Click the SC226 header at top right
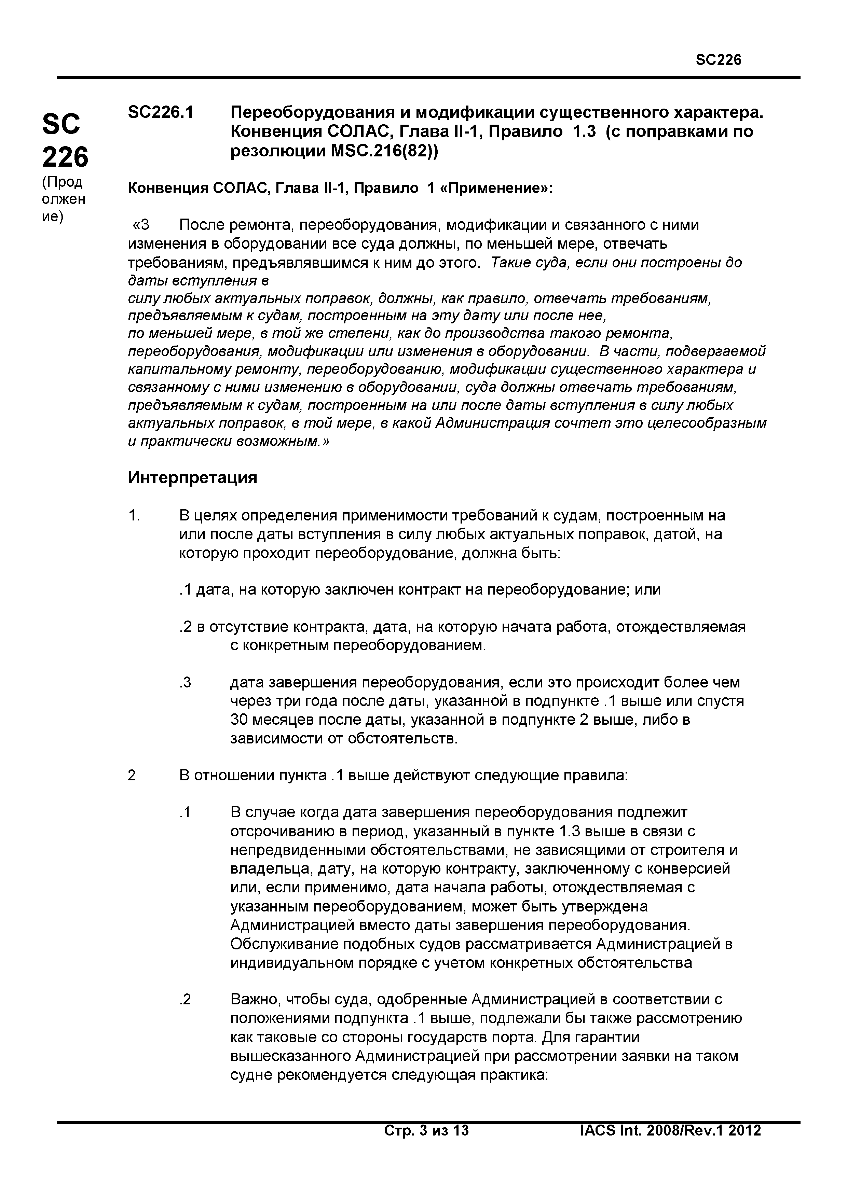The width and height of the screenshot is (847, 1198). [x=718, y=60]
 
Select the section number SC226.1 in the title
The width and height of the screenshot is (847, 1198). [x=160, y=112]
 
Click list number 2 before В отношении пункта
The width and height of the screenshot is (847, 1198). [x=132, y=775]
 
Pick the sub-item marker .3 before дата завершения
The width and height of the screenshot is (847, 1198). [x=185, y=682]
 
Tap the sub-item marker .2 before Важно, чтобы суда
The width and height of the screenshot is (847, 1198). [x=185, y=1000]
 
